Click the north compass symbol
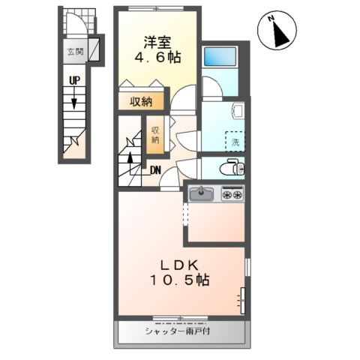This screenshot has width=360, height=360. tap(277, 31)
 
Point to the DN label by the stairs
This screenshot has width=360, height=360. tap(154, 169)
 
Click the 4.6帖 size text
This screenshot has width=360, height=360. tap(157, 57)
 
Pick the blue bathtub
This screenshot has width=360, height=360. tap(221, 56)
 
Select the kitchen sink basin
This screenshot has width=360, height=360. tap(202, 195)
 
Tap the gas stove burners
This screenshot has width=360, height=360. tap(232, 195)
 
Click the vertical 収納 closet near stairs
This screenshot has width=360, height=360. tap(156, 134)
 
